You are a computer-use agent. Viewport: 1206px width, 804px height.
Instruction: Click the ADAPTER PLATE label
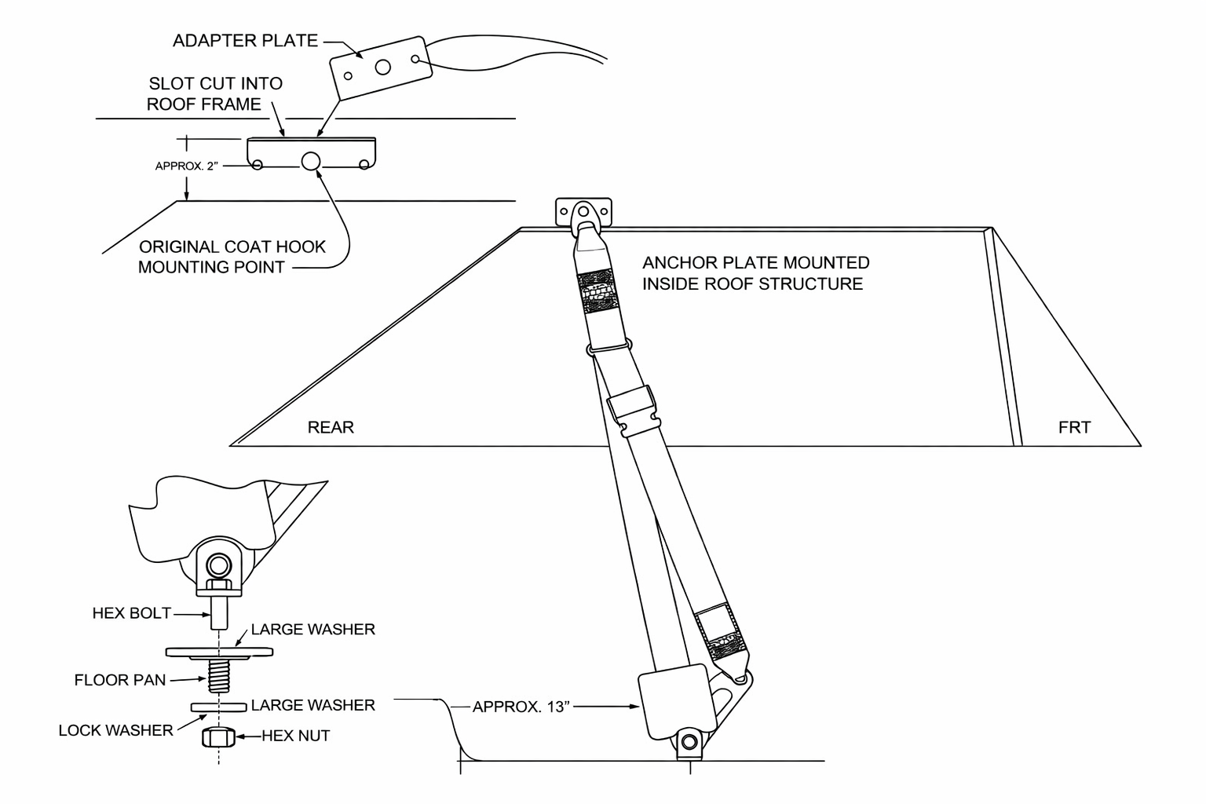245,41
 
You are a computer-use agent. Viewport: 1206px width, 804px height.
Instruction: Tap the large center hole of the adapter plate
383,68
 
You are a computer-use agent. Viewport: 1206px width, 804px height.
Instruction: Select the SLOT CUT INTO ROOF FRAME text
215,93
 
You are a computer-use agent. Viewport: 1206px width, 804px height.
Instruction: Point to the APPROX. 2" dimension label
186,166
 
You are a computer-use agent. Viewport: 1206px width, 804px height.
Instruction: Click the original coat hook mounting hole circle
311,161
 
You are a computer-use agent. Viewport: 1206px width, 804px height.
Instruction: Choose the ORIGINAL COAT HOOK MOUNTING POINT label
232,257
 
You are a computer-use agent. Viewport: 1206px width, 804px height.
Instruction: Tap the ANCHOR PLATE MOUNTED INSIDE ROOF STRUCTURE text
755,273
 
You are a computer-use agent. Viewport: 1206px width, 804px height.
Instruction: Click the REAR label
331,427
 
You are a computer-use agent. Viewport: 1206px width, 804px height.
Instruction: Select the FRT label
1074,427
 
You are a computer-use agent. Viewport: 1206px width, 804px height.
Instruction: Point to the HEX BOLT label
131,613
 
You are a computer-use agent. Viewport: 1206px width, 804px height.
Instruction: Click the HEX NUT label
295,736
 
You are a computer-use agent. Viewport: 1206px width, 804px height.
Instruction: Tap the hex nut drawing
218,736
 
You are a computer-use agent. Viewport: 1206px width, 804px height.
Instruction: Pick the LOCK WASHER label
115,730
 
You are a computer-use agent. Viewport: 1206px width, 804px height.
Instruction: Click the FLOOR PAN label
120,680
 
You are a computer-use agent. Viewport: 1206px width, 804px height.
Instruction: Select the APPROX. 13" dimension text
521,707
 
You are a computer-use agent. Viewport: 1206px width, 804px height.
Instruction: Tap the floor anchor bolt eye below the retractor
689,743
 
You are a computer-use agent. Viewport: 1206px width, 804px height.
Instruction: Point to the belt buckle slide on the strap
634,411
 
